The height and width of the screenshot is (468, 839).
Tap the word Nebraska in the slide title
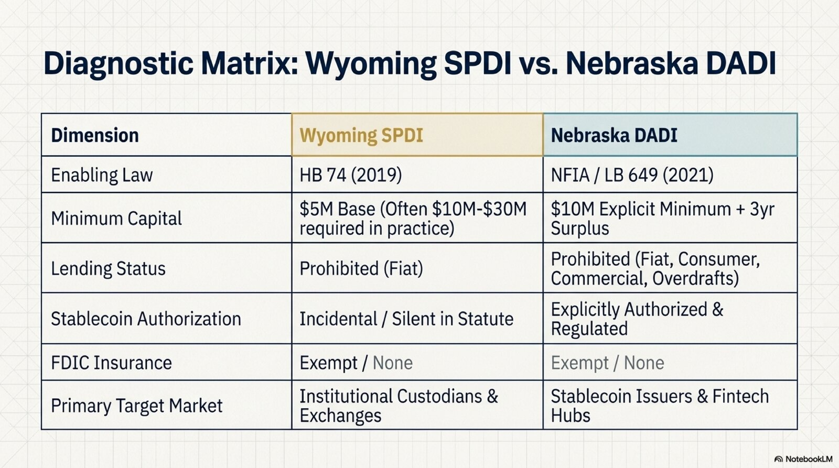[x=632, y=62]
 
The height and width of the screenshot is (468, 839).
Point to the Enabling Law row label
[x=102, y=175]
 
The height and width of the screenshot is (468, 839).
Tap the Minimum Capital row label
[x=116, y=218]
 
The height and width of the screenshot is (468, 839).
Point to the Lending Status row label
[x=108, y=268]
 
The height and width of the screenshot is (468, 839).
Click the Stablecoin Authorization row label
[x=146, y=319]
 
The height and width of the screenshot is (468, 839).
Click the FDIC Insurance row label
[x=111, y=363]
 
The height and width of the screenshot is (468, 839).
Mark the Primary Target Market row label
[x=137, y=406]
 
